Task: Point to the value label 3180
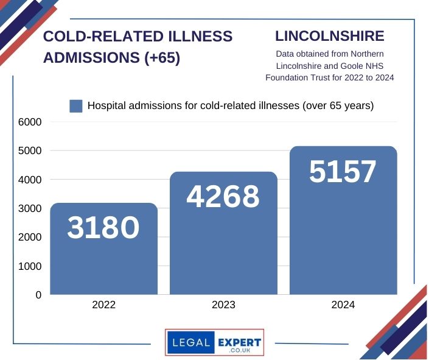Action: [x=103, y=228]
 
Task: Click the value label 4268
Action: [x=223, y=197]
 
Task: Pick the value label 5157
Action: [x=343, y=172]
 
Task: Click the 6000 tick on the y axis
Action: [x=29, y=122]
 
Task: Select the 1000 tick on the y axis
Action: [x=29, y=266]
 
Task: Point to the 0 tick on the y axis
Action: [x=38, y=295]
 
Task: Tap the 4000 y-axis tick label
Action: [x=29, y=180]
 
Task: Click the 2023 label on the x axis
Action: [x=223, y=305]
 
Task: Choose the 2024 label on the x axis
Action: [x=343, y=305]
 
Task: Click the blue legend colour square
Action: [x=75, y=106]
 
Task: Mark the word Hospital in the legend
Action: [x=107, y=105]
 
